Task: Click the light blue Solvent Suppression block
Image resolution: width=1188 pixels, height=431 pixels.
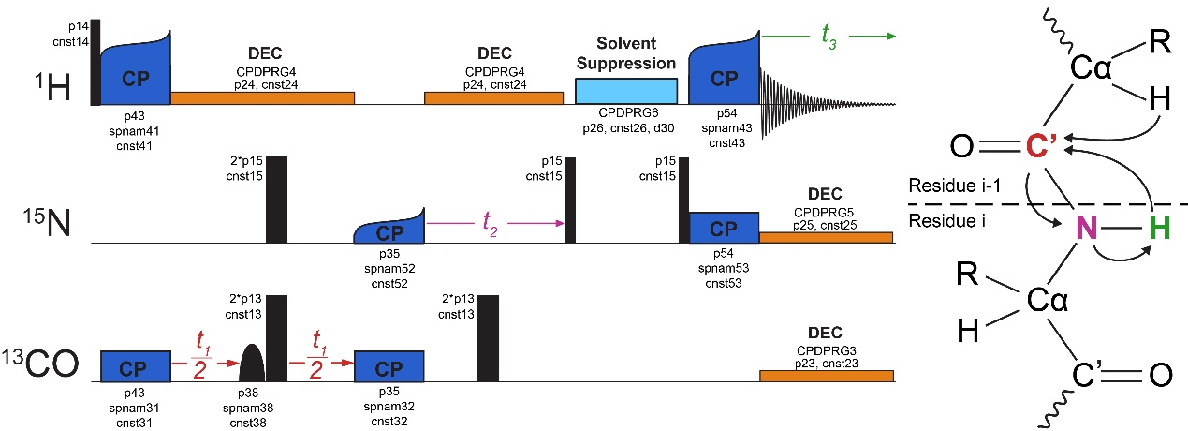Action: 626,91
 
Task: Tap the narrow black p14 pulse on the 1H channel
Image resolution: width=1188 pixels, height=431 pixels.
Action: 95,62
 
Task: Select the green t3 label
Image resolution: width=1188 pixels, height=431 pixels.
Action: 829,37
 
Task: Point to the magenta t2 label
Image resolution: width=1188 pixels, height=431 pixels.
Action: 490,223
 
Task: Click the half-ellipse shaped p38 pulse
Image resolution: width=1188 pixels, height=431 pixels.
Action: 252,363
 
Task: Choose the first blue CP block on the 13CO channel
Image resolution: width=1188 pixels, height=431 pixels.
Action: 136,366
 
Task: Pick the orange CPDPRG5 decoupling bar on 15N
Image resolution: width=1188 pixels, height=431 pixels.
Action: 826,237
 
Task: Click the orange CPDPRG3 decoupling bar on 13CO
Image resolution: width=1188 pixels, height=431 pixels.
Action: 827,376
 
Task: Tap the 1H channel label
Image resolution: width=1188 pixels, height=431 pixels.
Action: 53,87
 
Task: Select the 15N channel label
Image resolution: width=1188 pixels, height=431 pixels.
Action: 47,223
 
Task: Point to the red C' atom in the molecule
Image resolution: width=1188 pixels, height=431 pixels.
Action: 1042,146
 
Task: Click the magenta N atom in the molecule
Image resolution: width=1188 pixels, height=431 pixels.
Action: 1086,229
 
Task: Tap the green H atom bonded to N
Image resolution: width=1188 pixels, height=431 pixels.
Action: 1159,229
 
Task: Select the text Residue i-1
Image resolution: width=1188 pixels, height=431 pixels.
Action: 954,186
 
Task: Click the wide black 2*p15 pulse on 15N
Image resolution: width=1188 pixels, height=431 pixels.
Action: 276,200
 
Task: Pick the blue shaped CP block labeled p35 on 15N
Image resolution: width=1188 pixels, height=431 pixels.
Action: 389,226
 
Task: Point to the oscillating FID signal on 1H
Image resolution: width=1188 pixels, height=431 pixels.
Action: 828,104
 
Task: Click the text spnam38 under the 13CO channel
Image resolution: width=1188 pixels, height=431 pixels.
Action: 248,409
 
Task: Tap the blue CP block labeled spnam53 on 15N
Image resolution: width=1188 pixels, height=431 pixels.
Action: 724,228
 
